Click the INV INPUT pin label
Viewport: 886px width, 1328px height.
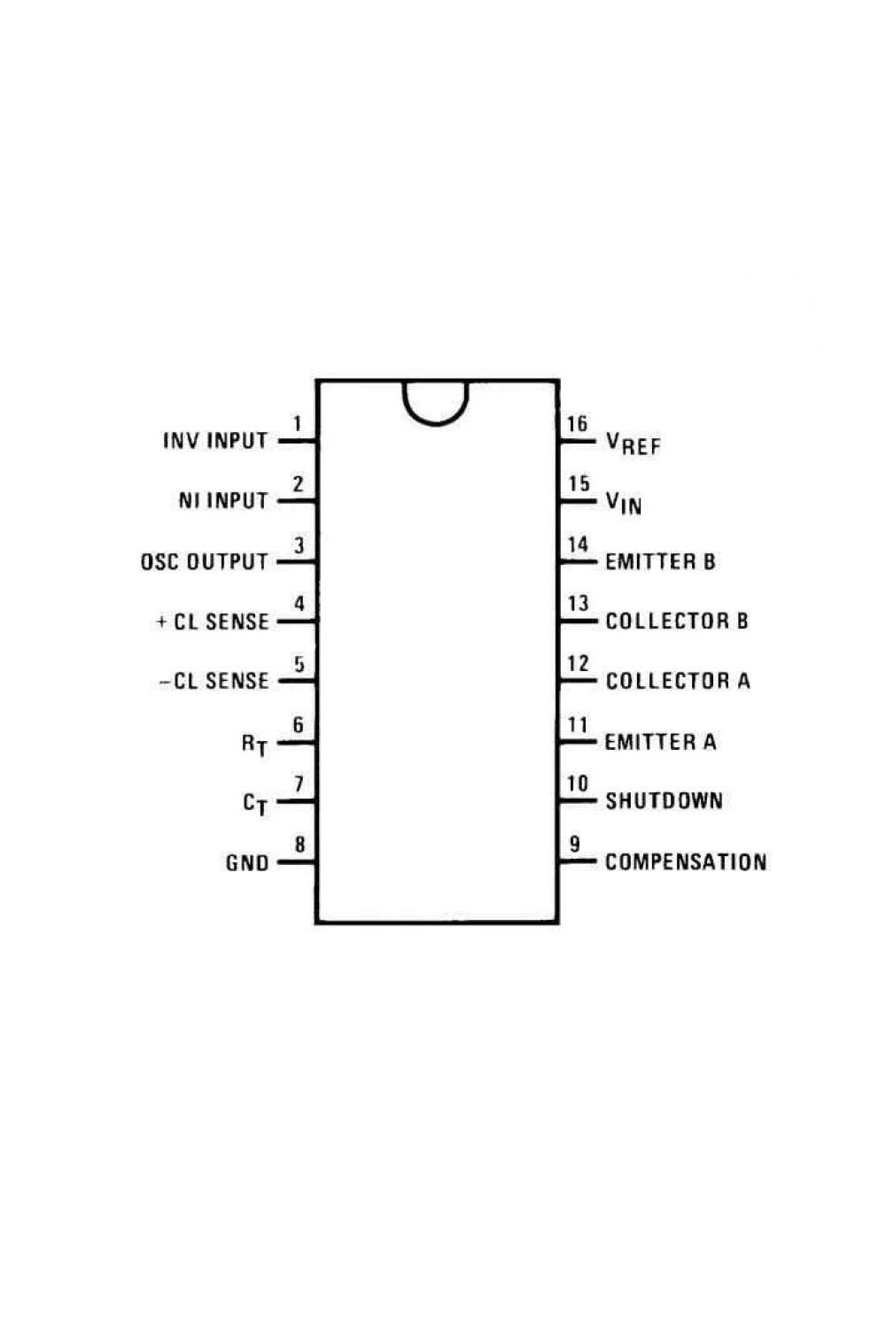(215, 441)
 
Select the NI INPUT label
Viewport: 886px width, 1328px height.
(223, 500)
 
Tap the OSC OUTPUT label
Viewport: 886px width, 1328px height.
(204, 561)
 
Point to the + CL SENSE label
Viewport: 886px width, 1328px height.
(213, 622)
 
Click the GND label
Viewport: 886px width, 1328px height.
(247, 862)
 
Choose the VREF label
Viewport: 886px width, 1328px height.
(633, 443)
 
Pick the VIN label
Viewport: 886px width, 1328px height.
(624, 503)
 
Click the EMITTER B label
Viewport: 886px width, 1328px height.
(660, 561)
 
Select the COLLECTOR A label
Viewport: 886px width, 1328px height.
(678, 681)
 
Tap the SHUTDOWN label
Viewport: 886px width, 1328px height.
(664, 801)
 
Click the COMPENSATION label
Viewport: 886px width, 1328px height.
(686, 862)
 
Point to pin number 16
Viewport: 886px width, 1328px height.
(577, 424)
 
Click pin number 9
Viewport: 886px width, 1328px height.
(574, 845)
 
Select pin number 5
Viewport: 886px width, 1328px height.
(299, 664)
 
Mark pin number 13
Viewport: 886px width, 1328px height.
(578, 604)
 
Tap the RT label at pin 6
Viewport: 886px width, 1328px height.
(254, 744)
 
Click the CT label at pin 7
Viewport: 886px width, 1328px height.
(255, 804)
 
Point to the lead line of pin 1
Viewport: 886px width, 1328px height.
(297, 441)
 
